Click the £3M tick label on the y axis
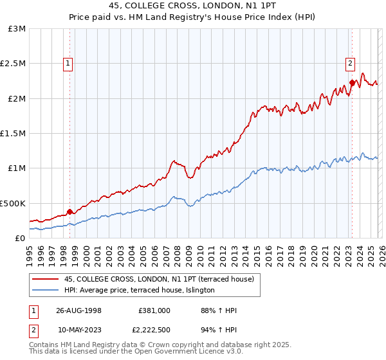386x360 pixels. (x=17, y=29)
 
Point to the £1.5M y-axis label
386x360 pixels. (x=14, y=133)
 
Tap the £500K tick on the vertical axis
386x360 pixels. (x=14, y=203)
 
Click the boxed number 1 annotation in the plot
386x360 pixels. (x=68, y=63)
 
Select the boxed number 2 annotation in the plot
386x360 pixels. (x=351, y=63)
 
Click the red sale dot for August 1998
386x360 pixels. (x=70, y=211)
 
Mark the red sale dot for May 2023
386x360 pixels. (x=352, y=82)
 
